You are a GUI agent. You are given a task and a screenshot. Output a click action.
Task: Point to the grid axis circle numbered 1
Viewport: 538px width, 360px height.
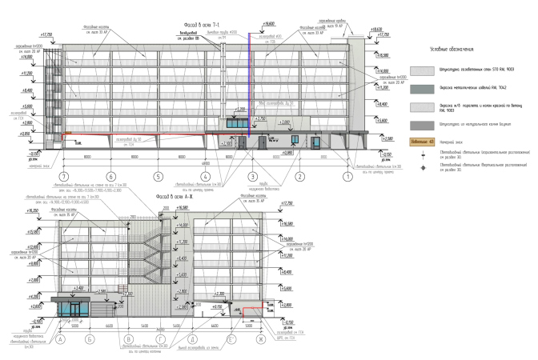[348, 176]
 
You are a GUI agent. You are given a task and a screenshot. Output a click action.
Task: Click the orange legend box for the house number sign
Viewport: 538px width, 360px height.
[422, 143]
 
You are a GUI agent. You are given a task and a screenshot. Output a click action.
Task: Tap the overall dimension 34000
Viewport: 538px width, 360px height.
[159, 330]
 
